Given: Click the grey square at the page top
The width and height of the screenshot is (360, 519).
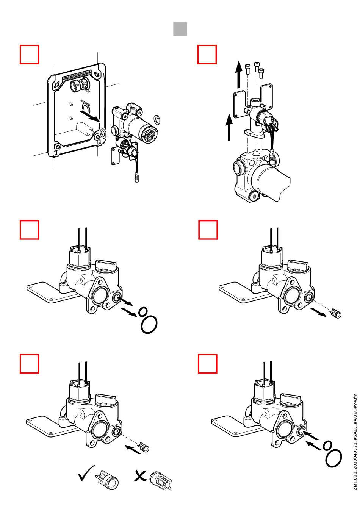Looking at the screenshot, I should (x=180, y=29).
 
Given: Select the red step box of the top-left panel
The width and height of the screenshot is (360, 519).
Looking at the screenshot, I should (x=29, y=55).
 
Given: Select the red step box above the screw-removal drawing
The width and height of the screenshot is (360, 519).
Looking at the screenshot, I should (x=207, y=55).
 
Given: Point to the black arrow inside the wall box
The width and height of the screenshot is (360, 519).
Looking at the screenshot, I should (x=90, y=115).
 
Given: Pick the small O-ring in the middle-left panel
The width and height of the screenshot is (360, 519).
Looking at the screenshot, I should (x=143, y=312).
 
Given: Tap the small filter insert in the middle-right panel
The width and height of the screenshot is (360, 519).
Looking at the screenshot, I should (x=336, y=314).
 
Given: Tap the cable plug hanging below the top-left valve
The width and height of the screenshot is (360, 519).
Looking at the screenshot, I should (x=138, y=177).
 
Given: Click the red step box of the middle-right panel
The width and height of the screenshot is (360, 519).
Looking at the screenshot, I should (x=208, y=230).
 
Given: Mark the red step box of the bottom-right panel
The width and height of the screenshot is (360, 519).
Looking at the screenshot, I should (x=208, y=364).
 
